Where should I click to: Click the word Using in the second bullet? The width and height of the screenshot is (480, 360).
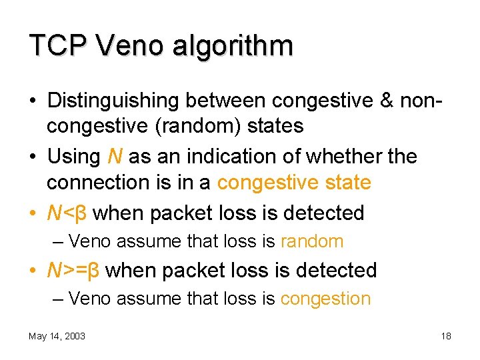(73, 157)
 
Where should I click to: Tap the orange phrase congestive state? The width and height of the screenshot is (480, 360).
(294, 181)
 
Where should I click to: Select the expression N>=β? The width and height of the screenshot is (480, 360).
(73, 270)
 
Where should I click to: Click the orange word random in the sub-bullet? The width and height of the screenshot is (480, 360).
(312, 241)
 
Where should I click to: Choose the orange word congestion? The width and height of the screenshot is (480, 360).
(325, 299)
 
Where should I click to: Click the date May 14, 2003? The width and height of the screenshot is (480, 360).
(57, 336)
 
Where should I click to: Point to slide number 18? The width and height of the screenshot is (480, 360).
(446, 336)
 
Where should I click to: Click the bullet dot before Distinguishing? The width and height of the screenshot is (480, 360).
(33, 101)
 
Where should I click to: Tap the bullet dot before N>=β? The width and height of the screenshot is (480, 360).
(33, 271)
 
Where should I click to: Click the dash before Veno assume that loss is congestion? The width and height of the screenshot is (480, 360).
(58, 299)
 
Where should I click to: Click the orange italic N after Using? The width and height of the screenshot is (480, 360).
(113, 157)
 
